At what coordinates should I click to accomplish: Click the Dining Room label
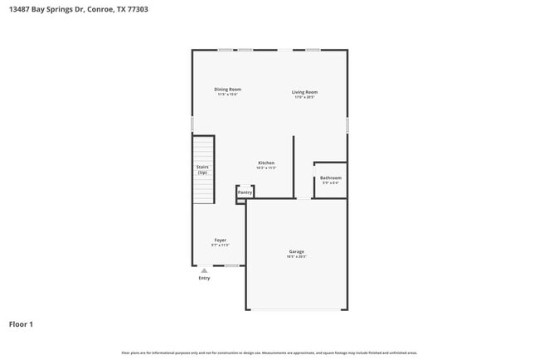[227, 90]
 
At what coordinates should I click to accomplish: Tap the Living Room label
[304, 92]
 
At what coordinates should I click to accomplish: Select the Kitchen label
[266, 163]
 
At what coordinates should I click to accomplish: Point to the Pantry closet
[245, 192]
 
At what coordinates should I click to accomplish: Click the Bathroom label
[330, 178]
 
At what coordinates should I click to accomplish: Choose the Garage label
[296, 251]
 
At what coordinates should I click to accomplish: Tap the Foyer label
[220, 240]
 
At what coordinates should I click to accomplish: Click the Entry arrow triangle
[204, 270]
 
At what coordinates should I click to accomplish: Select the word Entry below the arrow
[204, 278]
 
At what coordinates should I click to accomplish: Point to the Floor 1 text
[21, 324]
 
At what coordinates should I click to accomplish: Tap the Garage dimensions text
[296, 257]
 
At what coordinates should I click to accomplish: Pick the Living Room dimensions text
[304, 98]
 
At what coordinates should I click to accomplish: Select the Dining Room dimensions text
[227, 95]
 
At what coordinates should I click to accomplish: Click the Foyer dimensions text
[220, 246]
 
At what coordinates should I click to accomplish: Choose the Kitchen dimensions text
[266, 168]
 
